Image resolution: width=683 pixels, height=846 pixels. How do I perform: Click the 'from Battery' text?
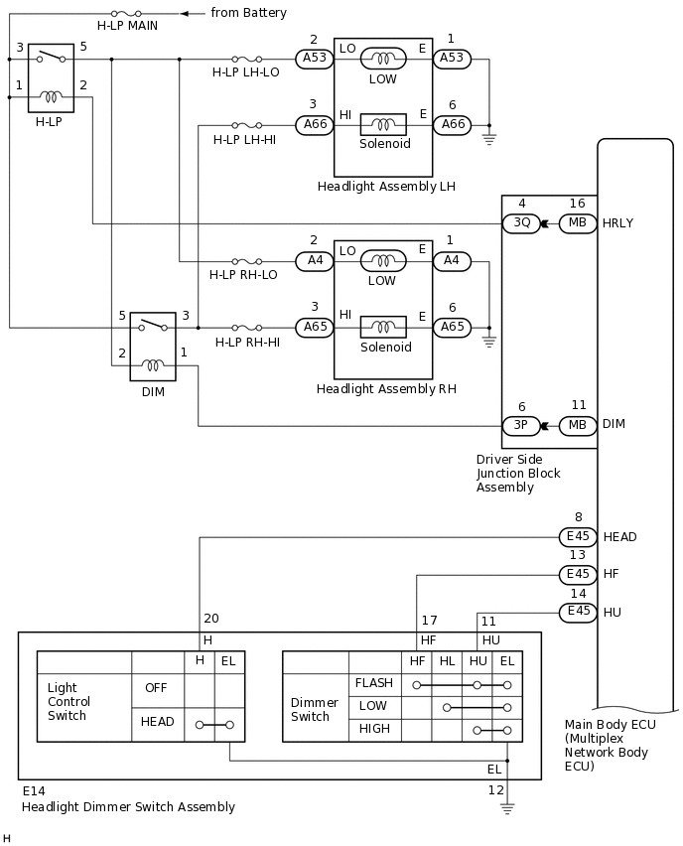point(248,13)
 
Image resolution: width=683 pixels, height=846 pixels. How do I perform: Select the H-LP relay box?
point(51,77)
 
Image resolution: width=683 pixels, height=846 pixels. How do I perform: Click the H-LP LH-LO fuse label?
point(245,72)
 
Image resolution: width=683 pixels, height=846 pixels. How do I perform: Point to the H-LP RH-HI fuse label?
point(247,342)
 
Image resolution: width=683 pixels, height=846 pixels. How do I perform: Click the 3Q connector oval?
point(521,223)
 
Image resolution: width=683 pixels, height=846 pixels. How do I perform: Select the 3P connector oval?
point(521,425)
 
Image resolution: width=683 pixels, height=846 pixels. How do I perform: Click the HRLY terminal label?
point(617,223)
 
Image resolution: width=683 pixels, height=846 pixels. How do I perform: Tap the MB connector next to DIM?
point(578,425)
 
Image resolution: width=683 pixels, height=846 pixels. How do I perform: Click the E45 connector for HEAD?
point(578,537)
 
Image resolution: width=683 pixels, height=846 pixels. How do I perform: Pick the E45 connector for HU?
point(578,612)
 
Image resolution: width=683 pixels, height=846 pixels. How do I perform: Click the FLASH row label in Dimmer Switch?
point(373,683)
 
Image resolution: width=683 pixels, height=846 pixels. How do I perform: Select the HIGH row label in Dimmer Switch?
point(373,729)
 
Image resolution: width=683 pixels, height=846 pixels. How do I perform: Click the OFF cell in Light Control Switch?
point(156,687)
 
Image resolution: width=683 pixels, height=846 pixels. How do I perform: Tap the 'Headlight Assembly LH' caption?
point(386,187)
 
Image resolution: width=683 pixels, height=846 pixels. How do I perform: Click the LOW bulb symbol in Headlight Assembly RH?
point(382,261)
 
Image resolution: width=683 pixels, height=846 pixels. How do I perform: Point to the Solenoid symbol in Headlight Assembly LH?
point(383,124)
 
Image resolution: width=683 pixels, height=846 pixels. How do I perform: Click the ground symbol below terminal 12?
point(507,809)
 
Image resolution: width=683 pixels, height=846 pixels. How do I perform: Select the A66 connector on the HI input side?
point(315,124)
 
